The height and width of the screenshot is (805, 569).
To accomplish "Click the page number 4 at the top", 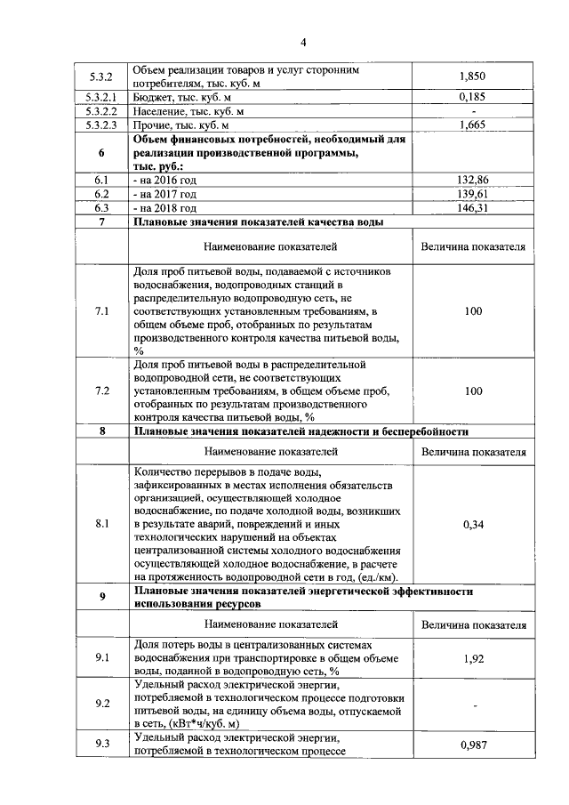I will (302, 43).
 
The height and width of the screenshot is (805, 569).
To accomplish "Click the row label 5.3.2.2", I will (102, 112).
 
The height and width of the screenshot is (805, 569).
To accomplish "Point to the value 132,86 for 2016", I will (473, 179).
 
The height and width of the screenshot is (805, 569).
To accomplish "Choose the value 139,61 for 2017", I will (473, 193).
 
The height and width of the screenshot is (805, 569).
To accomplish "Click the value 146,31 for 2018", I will (473, 207).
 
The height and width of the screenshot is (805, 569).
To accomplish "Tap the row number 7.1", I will (102, 311).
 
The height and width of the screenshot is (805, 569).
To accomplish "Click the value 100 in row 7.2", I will (473, 390).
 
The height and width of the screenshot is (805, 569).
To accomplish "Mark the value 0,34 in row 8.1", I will (473, 525).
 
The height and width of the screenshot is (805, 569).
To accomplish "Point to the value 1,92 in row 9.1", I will (473, 659).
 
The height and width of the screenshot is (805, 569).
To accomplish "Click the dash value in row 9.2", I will (473, 705).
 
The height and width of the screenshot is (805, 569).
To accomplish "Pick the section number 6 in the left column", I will (102, 153).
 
